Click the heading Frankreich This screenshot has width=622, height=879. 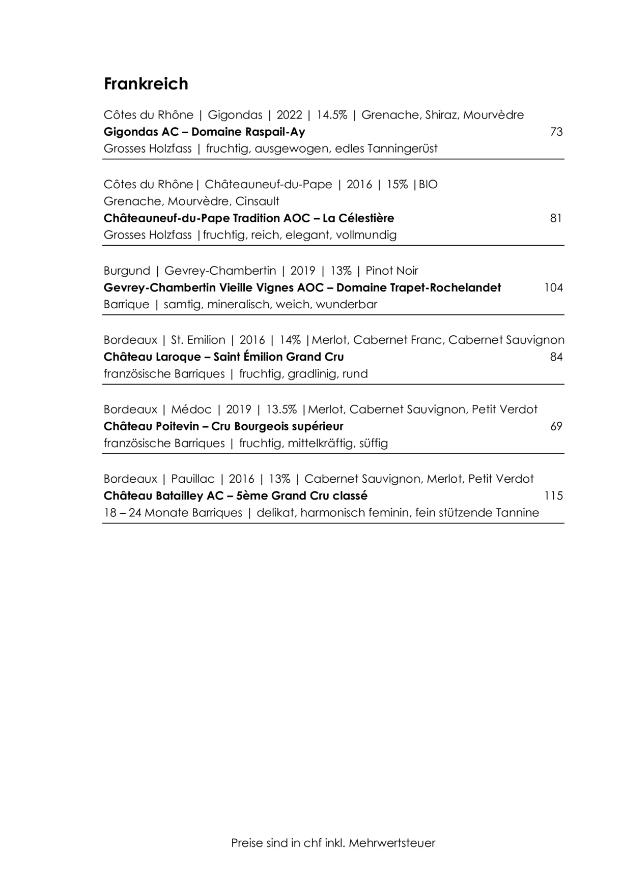tap(146, 83)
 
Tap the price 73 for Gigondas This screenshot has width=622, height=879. tap(556, 132)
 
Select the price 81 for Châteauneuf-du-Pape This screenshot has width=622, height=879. tap(556, 219)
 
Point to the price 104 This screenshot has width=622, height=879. tap(553, 288)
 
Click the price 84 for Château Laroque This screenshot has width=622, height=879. tap(556, 357)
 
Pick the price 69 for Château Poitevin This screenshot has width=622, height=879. tap(556, 426)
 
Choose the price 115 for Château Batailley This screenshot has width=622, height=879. tap(553, 496)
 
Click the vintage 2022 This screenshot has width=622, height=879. tap(289, 115)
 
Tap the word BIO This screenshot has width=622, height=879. tap(428, 185)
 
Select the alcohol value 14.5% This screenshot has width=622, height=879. tap(332, 115)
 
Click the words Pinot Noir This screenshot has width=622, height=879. tap(392, 271)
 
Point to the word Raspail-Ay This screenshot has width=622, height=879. tap(275, 132)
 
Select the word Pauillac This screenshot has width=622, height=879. tap(193, 479)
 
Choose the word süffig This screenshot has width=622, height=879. tap(374, 444)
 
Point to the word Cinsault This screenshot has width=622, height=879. tap(258, 201)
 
